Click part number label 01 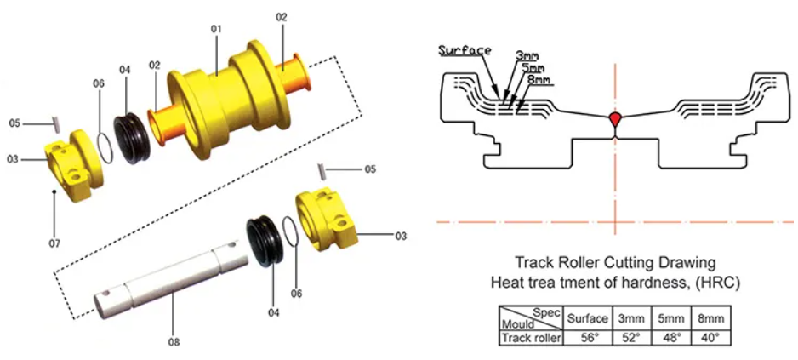(216, 29)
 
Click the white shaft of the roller (170, 280)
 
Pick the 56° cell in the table (587, 337)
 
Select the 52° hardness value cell (630, 337)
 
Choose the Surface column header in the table (587, 318)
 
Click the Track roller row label (530, 337)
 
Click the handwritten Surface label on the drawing (465, 50)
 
